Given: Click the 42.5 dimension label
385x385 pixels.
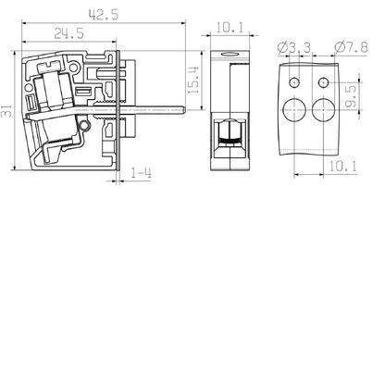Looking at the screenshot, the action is (x=104, y=15).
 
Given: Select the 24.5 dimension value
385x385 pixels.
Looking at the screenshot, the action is (x=69, y=33).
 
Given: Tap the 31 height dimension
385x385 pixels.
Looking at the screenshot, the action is (x=6, y=111).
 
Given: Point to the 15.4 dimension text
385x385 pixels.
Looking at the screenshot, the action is (x=193, y=81).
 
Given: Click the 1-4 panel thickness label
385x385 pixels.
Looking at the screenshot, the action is (x=142, y=173).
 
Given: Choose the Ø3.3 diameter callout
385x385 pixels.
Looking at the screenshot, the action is (x=294, y=48).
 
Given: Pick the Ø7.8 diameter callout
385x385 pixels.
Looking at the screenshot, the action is (x=351, y=47).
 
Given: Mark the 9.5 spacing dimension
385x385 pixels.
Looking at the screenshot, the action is (x=351, y=96).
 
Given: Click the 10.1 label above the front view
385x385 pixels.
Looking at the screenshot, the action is (x=230, y=28).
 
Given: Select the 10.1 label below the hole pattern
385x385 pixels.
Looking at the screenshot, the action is (x=342, y=167).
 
